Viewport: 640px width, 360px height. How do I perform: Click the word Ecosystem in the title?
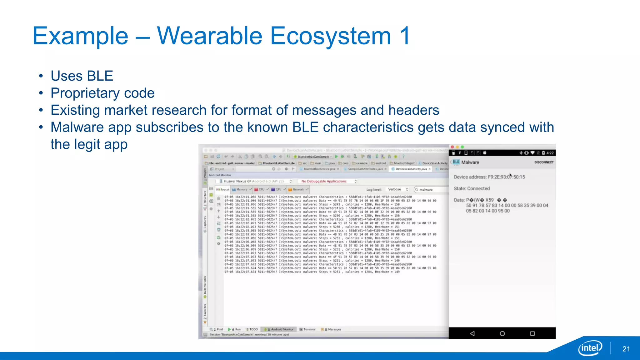330,36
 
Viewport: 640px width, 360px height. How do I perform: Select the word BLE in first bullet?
100,76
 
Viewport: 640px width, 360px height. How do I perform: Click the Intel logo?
590,348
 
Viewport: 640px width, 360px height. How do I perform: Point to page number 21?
626,349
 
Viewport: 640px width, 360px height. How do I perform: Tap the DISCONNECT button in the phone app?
544,162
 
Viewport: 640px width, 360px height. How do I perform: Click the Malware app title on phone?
470,162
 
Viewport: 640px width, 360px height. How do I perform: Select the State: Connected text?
472,188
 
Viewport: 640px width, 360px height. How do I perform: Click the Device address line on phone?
489,177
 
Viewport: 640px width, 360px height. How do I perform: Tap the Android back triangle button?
472,333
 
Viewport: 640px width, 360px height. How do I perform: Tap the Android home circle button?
502,333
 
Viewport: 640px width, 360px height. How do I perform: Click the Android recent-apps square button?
532,333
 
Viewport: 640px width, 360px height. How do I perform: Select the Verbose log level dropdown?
397,189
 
